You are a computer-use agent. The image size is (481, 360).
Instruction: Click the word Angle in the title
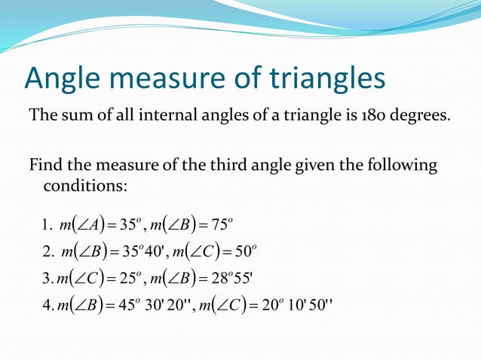pyautogui.click(x=63, y=78)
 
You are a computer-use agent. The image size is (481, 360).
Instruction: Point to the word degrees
pyautogui.click(x=423, y=118)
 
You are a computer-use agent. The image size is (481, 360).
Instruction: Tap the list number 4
pyautogui.click(x=47, y=306)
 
